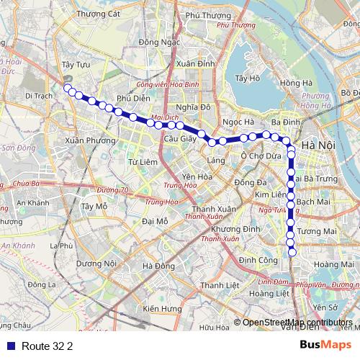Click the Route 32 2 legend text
[x=48, y=346]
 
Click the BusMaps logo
[x=321, y=345]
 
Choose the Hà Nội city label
[x=318, y=145]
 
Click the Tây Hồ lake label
[x=247, y=78]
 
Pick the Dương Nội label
[x=96, y=264]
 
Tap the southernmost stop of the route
[x=292, y=251]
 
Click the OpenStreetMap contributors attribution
[x=297, y=323]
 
